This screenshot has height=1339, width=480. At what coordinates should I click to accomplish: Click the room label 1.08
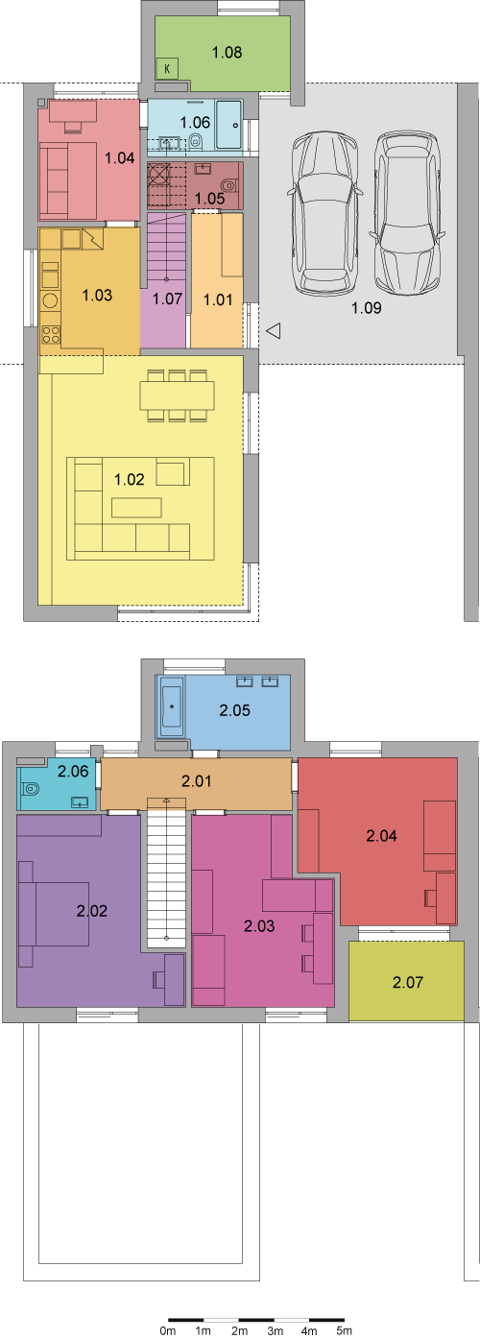tap(228, 53)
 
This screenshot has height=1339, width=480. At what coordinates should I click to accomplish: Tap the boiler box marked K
tap(167, 69)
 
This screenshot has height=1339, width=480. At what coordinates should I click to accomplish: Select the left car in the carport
tap(325, 213)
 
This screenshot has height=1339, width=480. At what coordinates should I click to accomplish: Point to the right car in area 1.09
tap(407, 213)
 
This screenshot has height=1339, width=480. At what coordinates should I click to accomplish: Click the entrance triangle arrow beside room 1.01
tap(274, 330)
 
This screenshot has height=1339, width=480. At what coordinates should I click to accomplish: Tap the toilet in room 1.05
tap(229, 184)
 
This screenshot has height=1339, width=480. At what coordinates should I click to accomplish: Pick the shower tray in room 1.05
tap(159, 175)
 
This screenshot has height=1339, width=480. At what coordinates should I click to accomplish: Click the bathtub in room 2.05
tap(172, 706)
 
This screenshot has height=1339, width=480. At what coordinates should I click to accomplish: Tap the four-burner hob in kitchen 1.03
tap(50, 335)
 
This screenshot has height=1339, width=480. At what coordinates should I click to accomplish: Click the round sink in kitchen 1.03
tap(50, 300)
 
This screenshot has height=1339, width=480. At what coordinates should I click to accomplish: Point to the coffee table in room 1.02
tap(136, 508)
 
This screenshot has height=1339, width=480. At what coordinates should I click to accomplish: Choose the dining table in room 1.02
tap(177, 395)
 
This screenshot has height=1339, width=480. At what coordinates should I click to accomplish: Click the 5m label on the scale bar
tap(344, 1330)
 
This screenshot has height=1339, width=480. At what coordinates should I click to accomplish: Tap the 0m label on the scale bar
tap(168, 1330)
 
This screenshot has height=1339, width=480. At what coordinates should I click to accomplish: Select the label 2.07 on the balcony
tap(408, 982)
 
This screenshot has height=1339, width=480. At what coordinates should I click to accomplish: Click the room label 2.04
tap(381, 836)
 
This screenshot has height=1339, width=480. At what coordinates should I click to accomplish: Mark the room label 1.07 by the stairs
tap(167, 299)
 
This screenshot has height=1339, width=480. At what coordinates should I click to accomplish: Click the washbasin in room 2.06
tap(80, 801)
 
